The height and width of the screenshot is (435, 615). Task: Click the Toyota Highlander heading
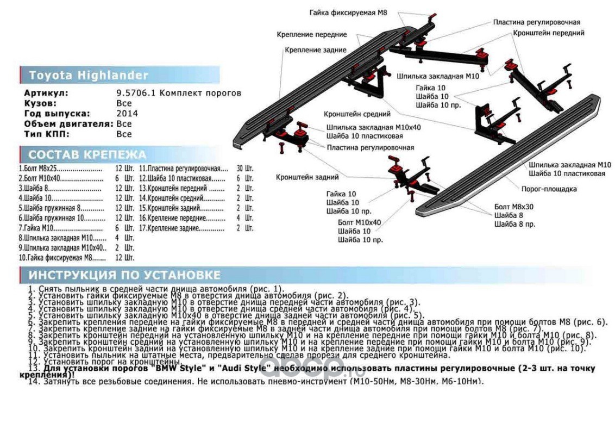(x=88, y=75)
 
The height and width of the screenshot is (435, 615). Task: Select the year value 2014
(x=127, y=114)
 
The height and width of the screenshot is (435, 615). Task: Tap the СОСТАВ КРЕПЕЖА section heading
(x=87, y=154)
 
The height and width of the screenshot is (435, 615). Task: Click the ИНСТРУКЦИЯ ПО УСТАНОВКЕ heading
(x=124, y=275)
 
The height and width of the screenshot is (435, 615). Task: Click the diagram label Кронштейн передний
(x=549, y=33)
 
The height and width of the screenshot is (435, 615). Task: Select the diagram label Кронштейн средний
(x=357, y=114)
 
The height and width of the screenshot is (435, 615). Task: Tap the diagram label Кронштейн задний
(x=307, y=177)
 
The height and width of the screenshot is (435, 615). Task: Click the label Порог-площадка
(x=549, y=189)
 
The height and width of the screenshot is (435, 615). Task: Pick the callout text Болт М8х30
(x=514, y=207)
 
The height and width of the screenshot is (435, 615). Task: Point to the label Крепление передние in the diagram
(x=311, y=34)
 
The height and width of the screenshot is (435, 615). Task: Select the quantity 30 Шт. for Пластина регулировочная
(x=244, y=169)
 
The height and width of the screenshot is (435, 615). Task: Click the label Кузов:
(x=40, y=103)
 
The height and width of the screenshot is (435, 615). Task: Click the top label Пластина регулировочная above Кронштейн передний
(x=537, y=22)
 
